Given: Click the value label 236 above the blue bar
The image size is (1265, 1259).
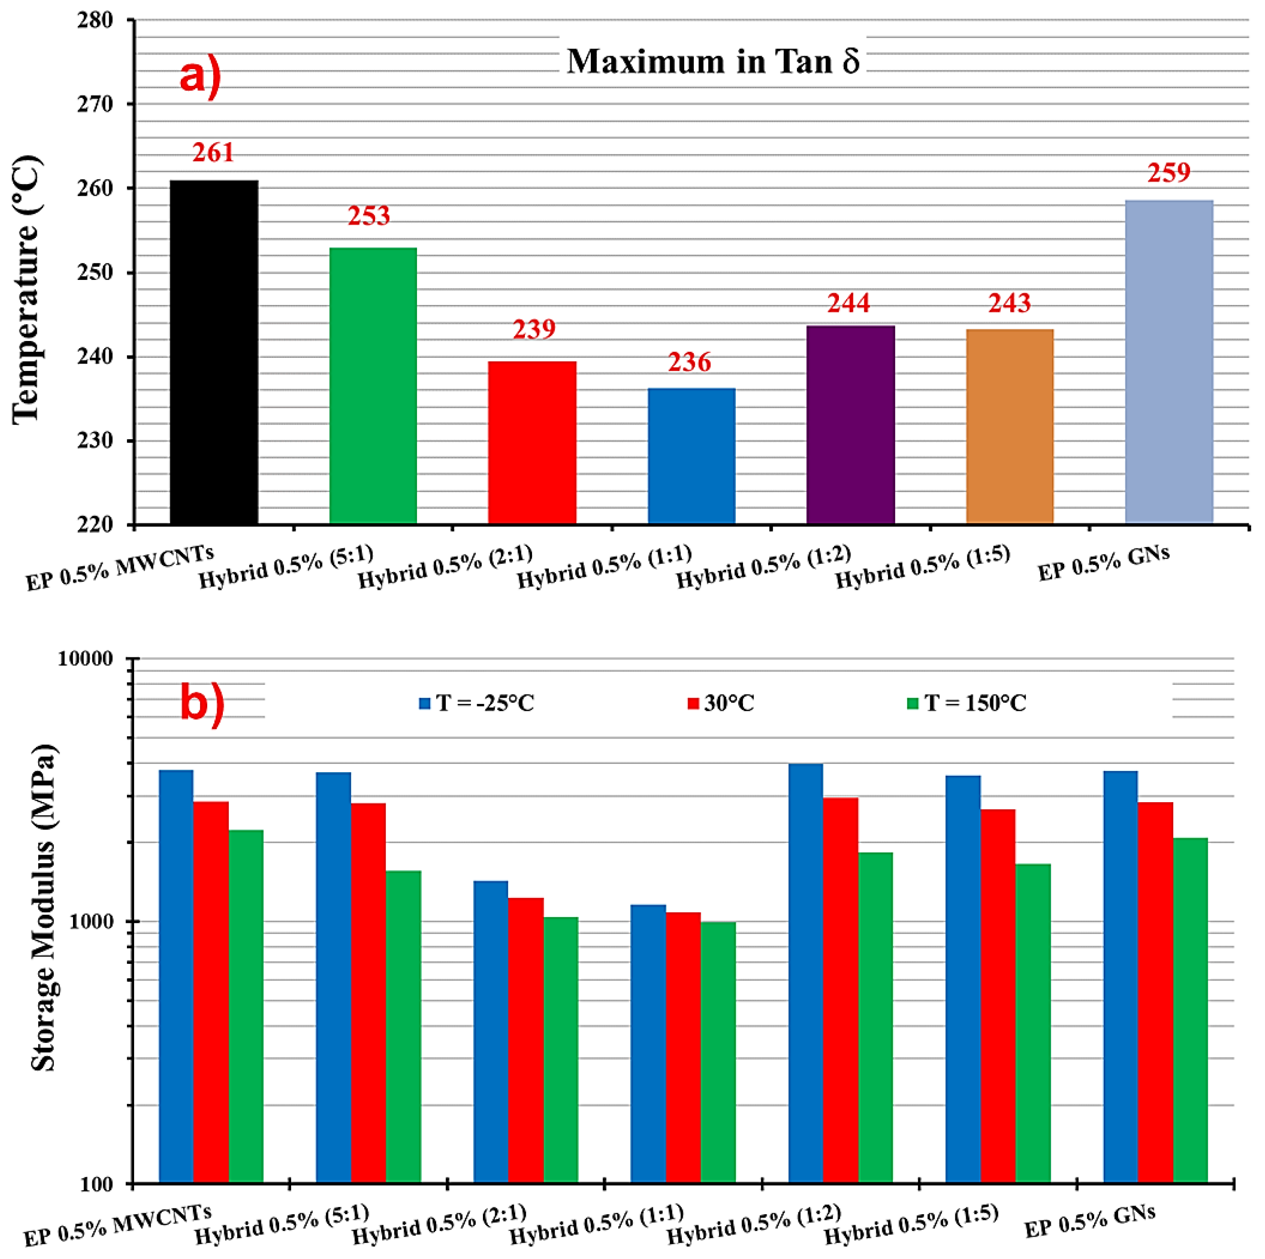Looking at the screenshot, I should (689, 362).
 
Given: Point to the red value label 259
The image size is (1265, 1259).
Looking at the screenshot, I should (1168, 173).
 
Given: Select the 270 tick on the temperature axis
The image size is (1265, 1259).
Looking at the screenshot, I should (95, 104).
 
